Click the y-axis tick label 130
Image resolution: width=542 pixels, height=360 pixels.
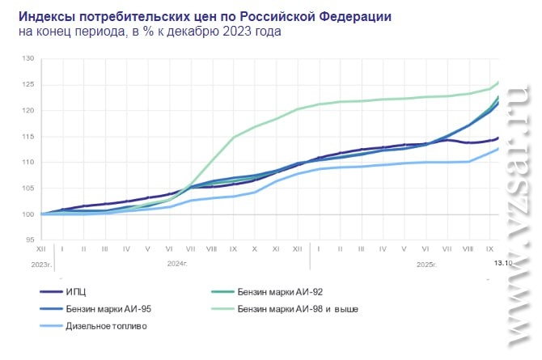[x=28, y=59]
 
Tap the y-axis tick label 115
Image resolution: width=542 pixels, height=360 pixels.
[x=28, y=137]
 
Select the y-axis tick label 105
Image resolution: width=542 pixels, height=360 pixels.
[x=28, y=188]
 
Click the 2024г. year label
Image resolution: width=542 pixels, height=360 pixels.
[x=177, y=264]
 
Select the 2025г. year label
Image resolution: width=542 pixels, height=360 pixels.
[x=426, y=264]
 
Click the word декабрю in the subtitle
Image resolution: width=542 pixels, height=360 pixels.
[x=208, y=32]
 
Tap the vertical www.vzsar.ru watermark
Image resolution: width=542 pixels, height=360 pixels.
[x=518, y=218]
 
